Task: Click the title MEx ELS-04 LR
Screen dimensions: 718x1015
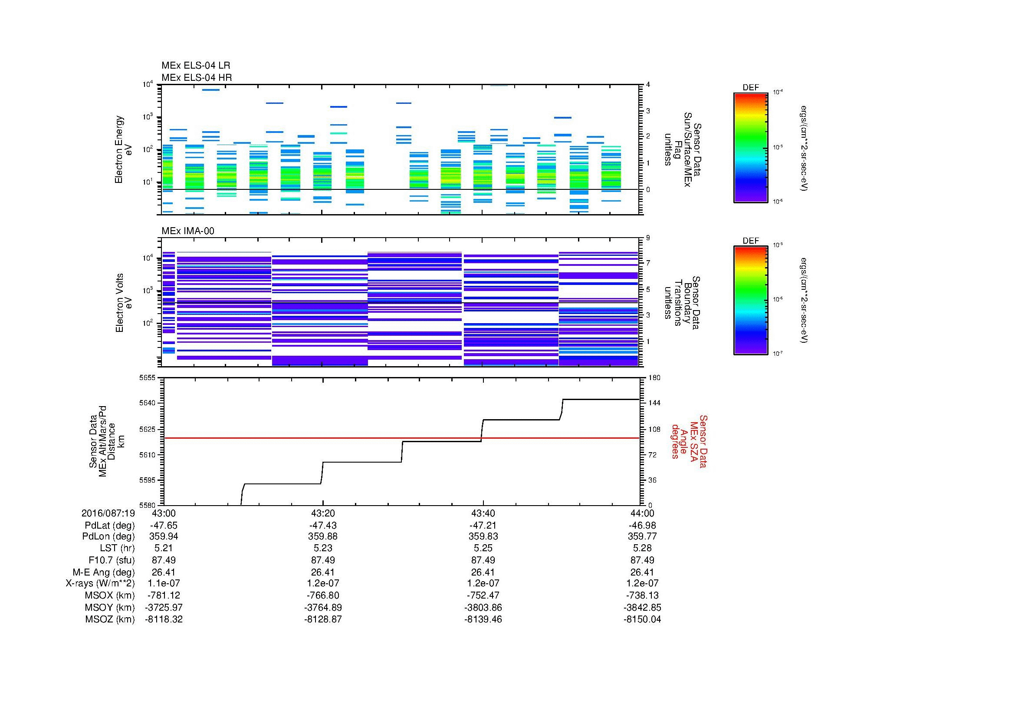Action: click(x=196, y=66)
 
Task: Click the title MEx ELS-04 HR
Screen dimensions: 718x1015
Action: click(x=197, y=77)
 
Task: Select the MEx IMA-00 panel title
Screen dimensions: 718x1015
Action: click(x=188, y=231)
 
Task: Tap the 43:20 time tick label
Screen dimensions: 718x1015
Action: click(x=323, y=513)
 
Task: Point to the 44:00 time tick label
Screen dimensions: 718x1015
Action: click(x=642, y=513)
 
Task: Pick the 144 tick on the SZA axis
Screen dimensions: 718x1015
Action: click(x=654, y=403)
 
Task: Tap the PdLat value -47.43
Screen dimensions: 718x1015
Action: click(x=323, y=526)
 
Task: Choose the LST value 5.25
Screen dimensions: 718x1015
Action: click(x=483, y=548)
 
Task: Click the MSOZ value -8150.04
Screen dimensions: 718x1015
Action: click(x=642, y=619)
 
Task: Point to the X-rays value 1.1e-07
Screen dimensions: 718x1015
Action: click(x=164, y=583)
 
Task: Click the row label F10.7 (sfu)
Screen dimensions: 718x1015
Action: click(x=112, y=560)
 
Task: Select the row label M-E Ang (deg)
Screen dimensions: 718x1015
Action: click(x=103, y=572)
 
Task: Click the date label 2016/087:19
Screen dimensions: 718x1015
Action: click(x=108, y=513)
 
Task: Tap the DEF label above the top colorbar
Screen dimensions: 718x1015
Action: click(x=751, y=88)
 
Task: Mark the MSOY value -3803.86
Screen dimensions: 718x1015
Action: click(x=483, y=607)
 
